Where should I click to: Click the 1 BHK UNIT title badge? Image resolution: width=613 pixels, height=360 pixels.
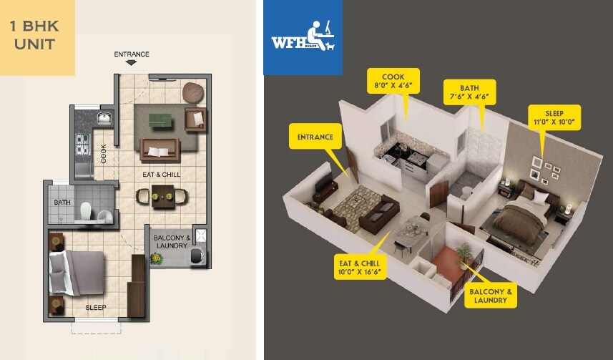point(37,37)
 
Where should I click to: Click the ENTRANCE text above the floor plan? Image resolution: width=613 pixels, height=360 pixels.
point(132,54)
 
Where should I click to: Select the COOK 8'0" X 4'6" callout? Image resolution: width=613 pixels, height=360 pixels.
point(393,80)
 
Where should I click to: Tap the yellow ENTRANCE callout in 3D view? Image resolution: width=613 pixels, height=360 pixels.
point(314,137)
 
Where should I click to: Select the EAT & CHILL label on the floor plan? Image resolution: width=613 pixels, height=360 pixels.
point(161,175)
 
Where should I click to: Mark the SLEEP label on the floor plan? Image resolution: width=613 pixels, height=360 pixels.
point(96,308)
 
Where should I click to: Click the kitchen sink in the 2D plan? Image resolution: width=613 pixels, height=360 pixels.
point(104,117)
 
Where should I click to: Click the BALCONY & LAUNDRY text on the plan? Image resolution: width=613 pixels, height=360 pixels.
point(172,242)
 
